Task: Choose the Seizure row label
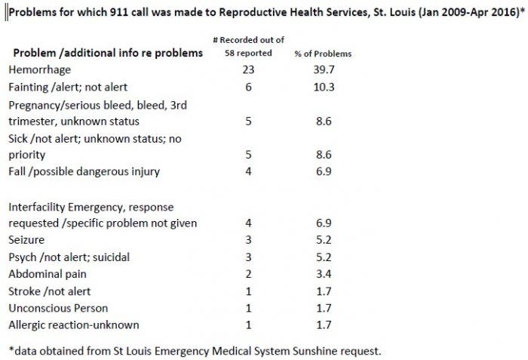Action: coord(26,241)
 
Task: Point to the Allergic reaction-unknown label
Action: coord(67,326)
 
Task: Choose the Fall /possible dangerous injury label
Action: coord(83,172)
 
